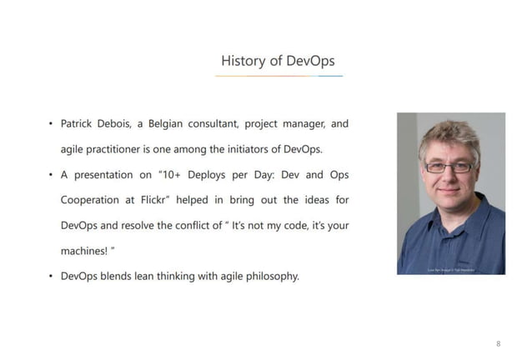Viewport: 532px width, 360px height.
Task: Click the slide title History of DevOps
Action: pyautogui.click(x=278, y=61)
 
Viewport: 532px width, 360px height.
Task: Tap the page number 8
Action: pyautogui.click(x=499, y=343)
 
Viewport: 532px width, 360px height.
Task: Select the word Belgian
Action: pyautogui.click(x=169, y=124)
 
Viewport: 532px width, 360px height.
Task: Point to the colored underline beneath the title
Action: pyautogui.click(x=279, y=76)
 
